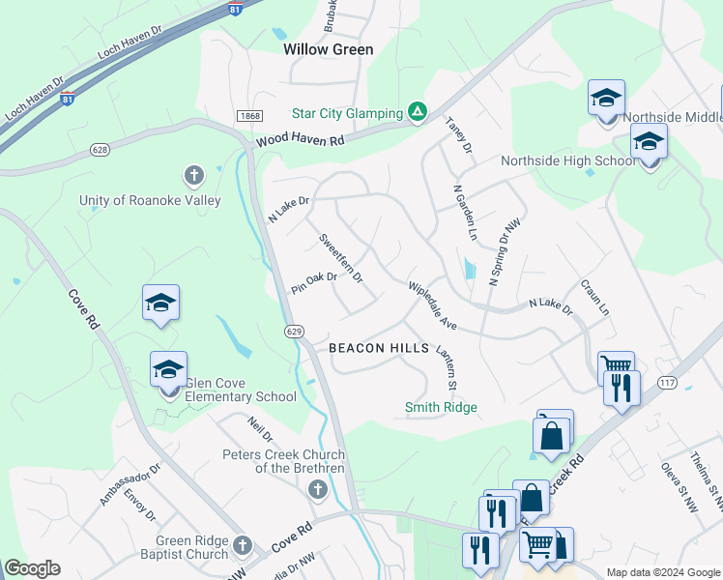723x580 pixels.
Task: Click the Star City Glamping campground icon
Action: pyautogui.click(x=418, y=113)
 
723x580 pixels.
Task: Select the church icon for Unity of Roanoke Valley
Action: pyautogui.click(x=194, y=176)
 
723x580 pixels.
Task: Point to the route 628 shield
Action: pyautogui.click(x=100, y=150)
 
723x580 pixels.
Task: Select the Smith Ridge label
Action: pyautogui.click(x=441, y=407)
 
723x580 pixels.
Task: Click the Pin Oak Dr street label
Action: pyautogui.click(x=313, y=283)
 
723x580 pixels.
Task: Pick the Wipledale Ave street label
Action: pyautogui.click(x=432, y=305)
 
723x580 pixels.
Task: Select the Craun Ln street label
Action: pyautogui.click(x=594, y=298)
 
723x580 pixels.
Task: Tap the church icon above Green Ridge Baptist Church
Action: pyautogui.click(x=242, y=545)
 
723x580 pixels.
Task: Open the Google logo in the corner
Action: pyautogui.click(x=33, y=568)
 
